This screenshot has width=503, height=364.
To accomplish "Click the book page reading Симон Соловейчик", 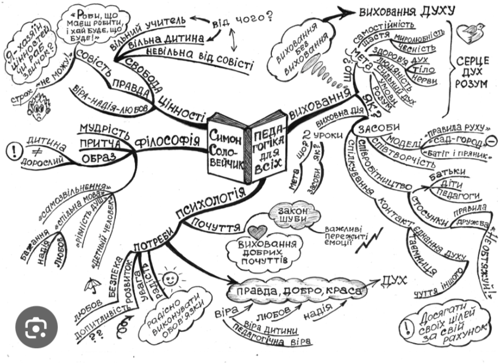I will (x=228, y=146).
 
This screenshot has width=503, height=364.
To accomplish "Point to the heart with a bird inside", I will (x=475, y=32).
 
